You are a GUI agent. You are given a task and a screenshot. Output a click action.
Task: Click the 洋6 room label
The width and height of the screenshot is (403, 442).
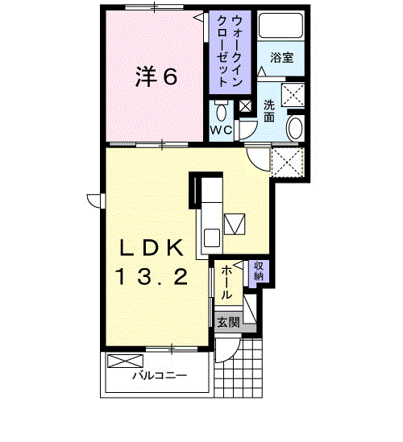tap(156, 76)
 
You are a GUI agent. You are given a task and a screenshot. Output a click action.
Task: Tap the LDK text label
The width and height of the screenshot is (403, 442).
tap(152, 248)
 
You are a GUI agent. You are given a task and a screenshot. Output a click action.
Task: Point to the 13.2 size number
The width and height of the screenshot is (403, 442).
tap(152, 276)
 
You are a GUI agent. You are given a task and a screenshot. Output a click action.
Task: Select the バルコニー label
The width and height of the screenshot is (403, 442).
tap(160, 375)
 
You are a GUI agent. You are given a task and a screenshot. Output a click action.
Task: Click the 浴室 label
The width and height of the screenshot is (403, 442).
tap(281, 58)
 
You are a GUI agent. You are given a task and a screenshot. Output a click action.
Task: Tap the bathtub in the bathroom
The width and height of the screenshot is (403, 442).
tap(280, 26)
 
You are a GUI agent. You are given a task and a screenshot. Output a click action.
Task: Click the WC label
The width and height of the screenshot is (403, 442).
tap(222, 130)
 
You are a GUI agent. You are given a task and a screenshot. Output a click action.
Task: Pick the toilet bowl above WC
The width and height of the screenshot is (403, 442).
tap(222, 112)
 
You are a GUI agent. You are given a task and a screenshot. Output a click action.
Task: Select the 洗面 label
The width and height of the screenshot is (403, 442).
tap(269, 111)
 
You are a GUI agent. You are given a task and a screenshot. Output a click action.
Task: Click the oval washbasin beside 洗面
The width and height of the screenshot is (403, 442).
tap(295, 128)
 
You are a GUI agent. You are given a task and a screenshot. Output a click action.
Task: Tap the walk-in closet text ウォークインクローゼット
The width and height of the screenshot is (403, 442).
tap(230, 51)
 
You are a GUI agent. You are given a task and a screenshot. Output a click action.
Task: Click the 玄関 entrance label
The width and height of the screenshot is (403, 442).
tap(229, 322)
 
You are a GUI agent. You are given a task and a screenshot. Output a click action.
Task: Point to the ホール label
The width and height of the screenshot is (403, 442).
tap(226, 283)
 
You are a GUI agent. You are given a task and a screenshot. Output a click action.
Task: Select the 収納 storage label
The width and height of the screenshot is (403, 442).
tap(259, 271)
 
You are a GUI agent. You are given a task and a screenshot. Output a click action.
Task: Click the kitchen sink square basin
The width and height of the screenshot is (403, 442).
tap(212, 238)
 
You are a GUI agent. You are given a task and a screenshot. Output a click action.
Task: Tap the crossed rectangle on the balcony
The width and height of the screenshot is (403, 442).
tap(125, 361)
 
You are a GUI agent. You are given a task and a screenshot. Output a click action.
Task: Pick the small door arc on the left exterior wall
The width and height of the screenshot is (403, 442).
tap(94, 201)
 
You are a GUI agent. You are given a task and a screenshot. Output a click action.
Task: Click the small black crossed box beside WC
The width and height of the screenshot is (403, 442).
tap(245, 106)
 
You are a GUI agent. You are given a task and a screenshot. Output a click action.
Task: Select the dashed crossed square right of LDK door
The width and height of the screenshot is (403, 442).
tap(288, 162)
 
